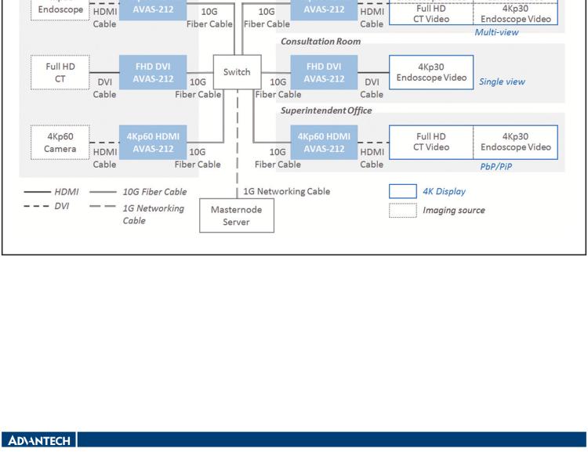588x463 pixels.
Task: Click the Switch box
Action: pyautogui.click(x=237, y=72)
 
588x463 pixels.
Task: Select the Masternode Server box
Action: pyautogui.click(x=237, y=215)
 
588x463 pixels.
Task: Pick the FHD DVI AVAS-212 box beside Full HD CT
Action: pyautogui.click(x=153, y=73)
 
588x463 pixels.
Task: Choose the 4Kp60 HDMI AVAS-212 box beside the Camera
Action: pyautogui.click(x=153, y=143)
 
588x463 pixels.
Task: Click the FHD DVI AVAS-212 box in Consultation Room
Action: pyautogui.click(x=324, y=73)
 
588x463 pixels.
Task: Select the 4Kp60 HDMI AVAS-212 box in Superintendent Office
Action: pyautogui.click(x=324, y=143)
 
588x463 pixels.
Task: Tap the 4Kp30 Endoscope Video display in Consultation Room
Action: pyautogui.click(x=431, y=72)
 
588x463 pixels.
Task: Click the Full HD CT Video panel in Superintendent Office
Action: pyautogui.click(x=431, y=142)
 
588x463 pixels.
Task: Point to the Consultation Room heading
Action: pyautogui.click(x=321, y=41)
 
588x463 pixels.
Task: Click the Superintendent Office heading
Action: pyautogui.click(x=326, y=110)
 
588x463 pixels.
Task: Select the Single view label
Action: pyautogui.click(x=502, y=81)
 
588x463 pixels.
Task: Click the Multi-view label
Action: pyautogui.click(x=496, y=32)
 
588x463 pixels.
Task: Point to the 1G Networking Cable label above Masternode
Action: pyautogui.click(x=286, y=191)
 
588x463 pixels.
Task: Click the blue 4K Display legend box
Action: pyautogui.click(x=403, y=192)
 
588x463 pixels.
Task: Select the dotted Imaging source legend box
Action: pyautogui.click(x=403, y=210)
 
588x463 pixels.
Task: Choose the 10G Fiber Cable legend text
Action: pyautogui.click(x=154, y=192)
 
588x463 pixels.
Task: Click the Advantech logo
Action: pyautogui.click(x=38, y=440)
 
